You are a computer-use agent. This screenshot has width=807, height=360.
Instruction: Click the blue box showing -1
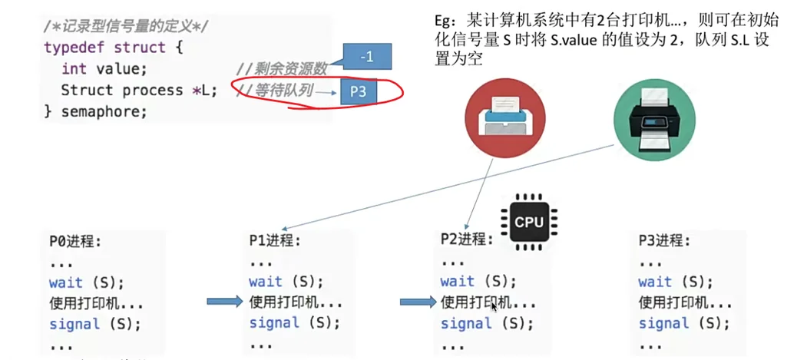point(366,57)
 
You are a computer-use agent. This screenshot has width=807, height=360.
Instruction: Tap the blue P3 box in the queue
point(358,91)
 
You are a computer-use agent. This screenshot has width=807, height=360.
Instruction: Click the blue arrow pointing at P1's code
point(224,302)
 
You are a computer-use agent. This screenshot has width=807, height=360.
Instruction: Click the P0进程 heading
point(75,241)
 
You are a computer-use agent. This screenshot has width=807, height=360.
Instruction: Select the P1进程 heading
point(275,240)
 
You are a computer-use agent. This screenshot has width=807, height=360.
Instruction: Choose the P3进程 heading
point(664,240)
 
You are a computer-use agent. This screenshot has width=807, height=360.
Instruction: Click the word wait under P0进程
point(65,282)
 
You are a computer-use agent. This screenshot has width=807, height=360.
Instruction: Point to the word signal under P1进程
point(273,323)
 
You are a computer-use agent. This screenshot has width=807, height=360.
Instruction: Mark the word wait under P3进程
point(654,282)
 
